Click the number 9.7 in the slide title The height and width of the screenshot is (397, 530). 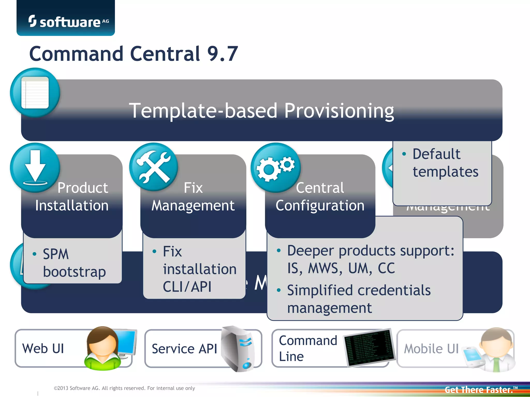coord(223,54)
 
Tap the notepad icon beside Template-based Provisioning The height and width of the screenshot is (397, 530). coord(35,93)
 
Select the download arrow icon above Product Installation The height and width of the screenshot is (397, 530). coord(35,167)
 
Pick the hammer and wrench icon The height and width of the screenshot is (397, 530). coord(154,167)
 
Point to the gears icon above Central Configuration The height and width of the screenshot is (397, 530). coord(275,167)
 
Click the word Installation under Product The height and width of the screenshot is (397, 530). coord(72,205)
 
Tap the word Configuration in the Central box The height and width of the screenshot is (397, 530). coord(320,205)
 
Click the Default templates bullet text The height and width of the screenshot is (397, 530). coord(445,163)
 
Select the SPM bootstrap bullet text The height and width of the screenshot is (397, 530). coord(74,263)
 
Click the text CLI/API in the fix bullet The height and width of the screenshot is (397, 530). coord(187,287)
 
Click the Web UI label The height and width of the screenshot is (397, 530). coord(43,348)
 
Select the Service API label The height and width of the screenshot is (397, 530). coord(184,349)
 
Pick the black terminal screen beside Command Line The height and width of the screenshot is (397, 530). coord(370,347)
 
